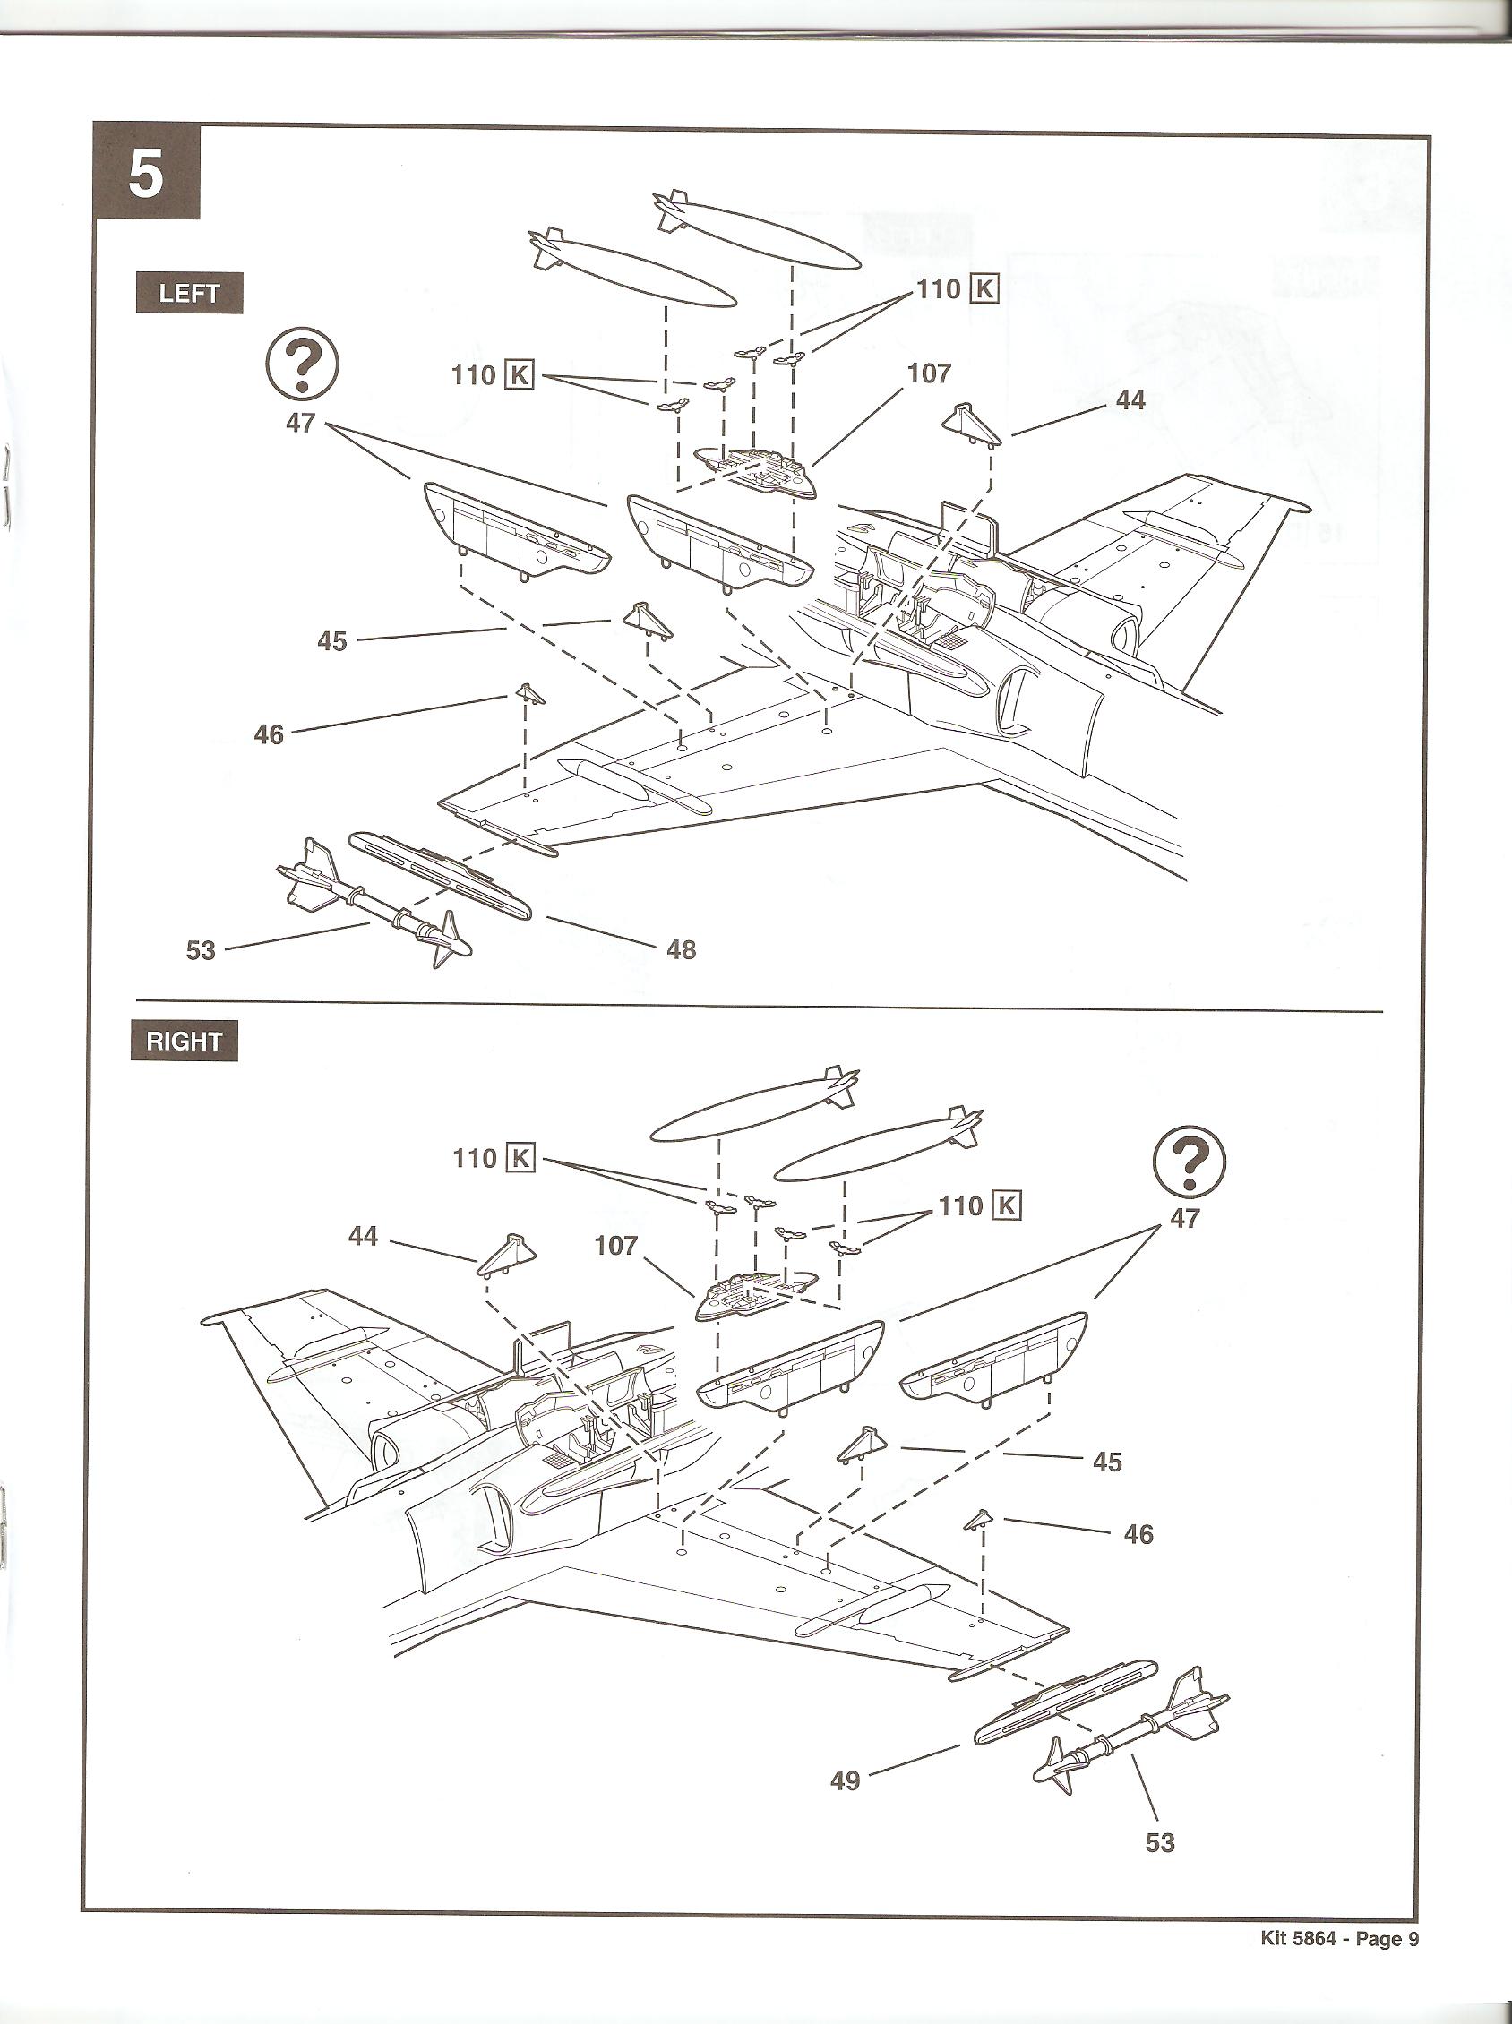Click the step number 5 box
[146, 173]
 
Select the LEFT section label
[190, 294]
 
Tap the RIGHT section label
[184, 1042]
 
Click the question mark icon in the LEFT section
[302, 366]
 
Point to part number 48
[682, 950]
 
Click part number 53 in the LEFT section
[201, 950]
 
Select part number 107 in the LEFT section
[930, 373]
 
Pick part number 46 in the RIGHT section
[1138, 1533]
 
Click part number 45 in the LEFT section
[332, 640]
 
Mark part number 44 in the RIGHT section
[364, 1236]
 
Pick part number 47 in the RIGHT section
[1184, 1218]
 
